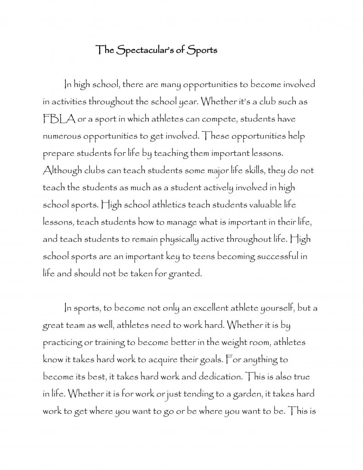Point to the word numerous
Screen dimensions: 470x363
pyautogui.click(x=63, y=137)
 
